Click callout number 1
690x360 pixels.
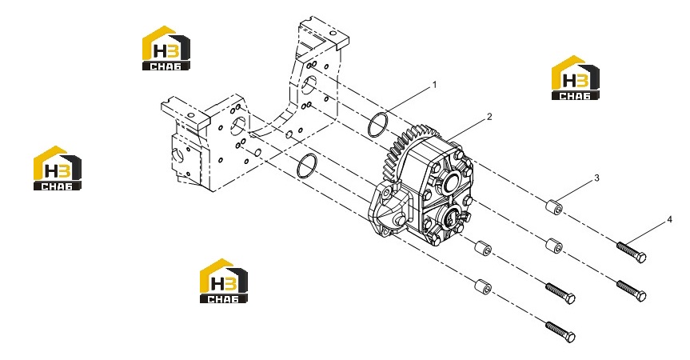(x=435, y=85)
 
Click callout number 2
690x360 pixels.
(x=489, y=117)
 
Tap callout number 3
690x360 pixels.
(x=596, y=178)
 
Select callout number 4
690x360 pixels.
(x=670, y=219)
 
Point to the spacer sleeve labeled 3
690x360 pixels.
(x=554, y=207)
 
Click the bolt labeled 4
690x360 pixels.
(x=632, y=252)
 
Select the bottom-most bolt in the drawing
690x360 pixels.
(x=560, y=332)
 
